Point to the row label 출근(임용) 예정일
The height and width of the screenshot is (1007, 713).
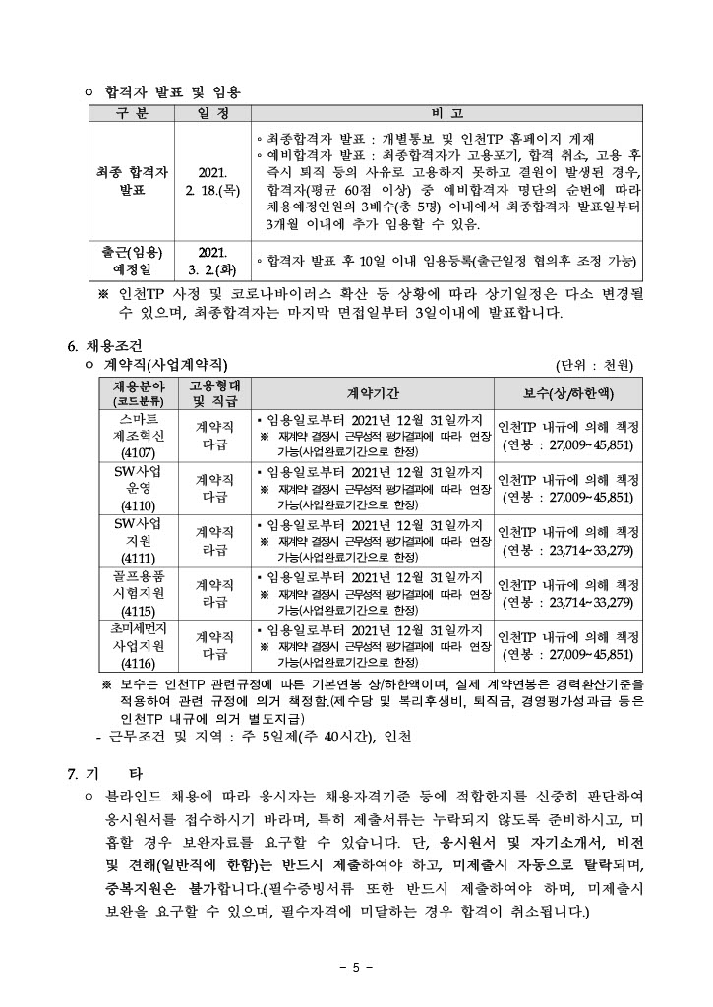131,260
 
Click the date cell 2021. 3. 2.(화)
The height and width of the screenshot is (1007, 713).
213,260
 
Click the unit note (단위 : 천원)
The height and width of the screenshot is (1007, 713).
596,366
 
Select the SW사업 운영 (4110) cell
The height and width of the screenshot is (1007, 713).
131,489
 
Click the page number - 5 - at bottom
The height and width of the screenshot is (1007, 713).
356,967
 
